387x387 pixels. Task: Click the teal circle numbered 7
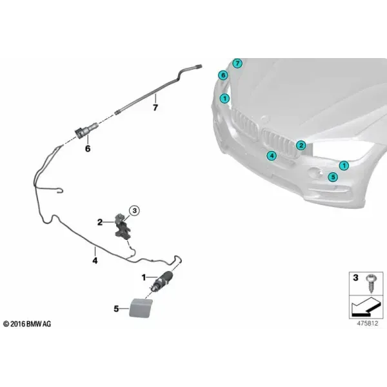tap(237, 63)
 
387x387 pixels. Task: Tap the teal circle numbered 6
tap(223, 75)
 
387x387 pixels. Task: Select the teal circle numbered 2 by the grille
tap(301, 145)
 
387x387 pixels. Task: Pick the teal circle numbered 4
tap(272, 155)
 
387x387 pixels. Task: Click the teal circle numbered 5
tap(333, 177)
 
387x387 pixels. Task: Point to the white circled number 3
tap(135, 211)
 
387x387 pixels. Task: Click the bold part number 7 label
tap(155, 108)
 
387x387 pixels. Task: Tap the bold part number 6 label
tap(88, 148)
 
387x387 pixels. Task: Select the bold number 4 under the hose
tap(95, 260)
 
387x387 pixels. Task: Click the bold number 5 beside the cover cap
tap(116, 309)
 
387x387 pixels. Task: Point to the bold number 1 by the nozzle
tap(144, 277)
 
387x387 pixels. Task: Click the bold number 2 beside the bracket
tap(100, 223)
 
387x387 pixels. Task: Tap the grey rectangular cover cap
tap(141, 308)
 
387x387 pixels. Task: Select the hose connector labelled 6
tap(86, 130)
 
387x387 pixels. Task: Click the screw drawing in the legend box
tap(370, 283)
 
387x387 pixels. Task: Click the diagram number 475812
tap(368, 323)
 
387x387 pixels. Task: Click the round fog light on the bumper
tap(314, 172)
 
